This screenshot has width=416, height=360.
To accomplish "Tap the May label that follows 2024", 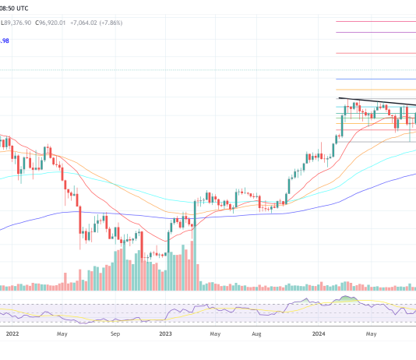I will click(x=372, y=334).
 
